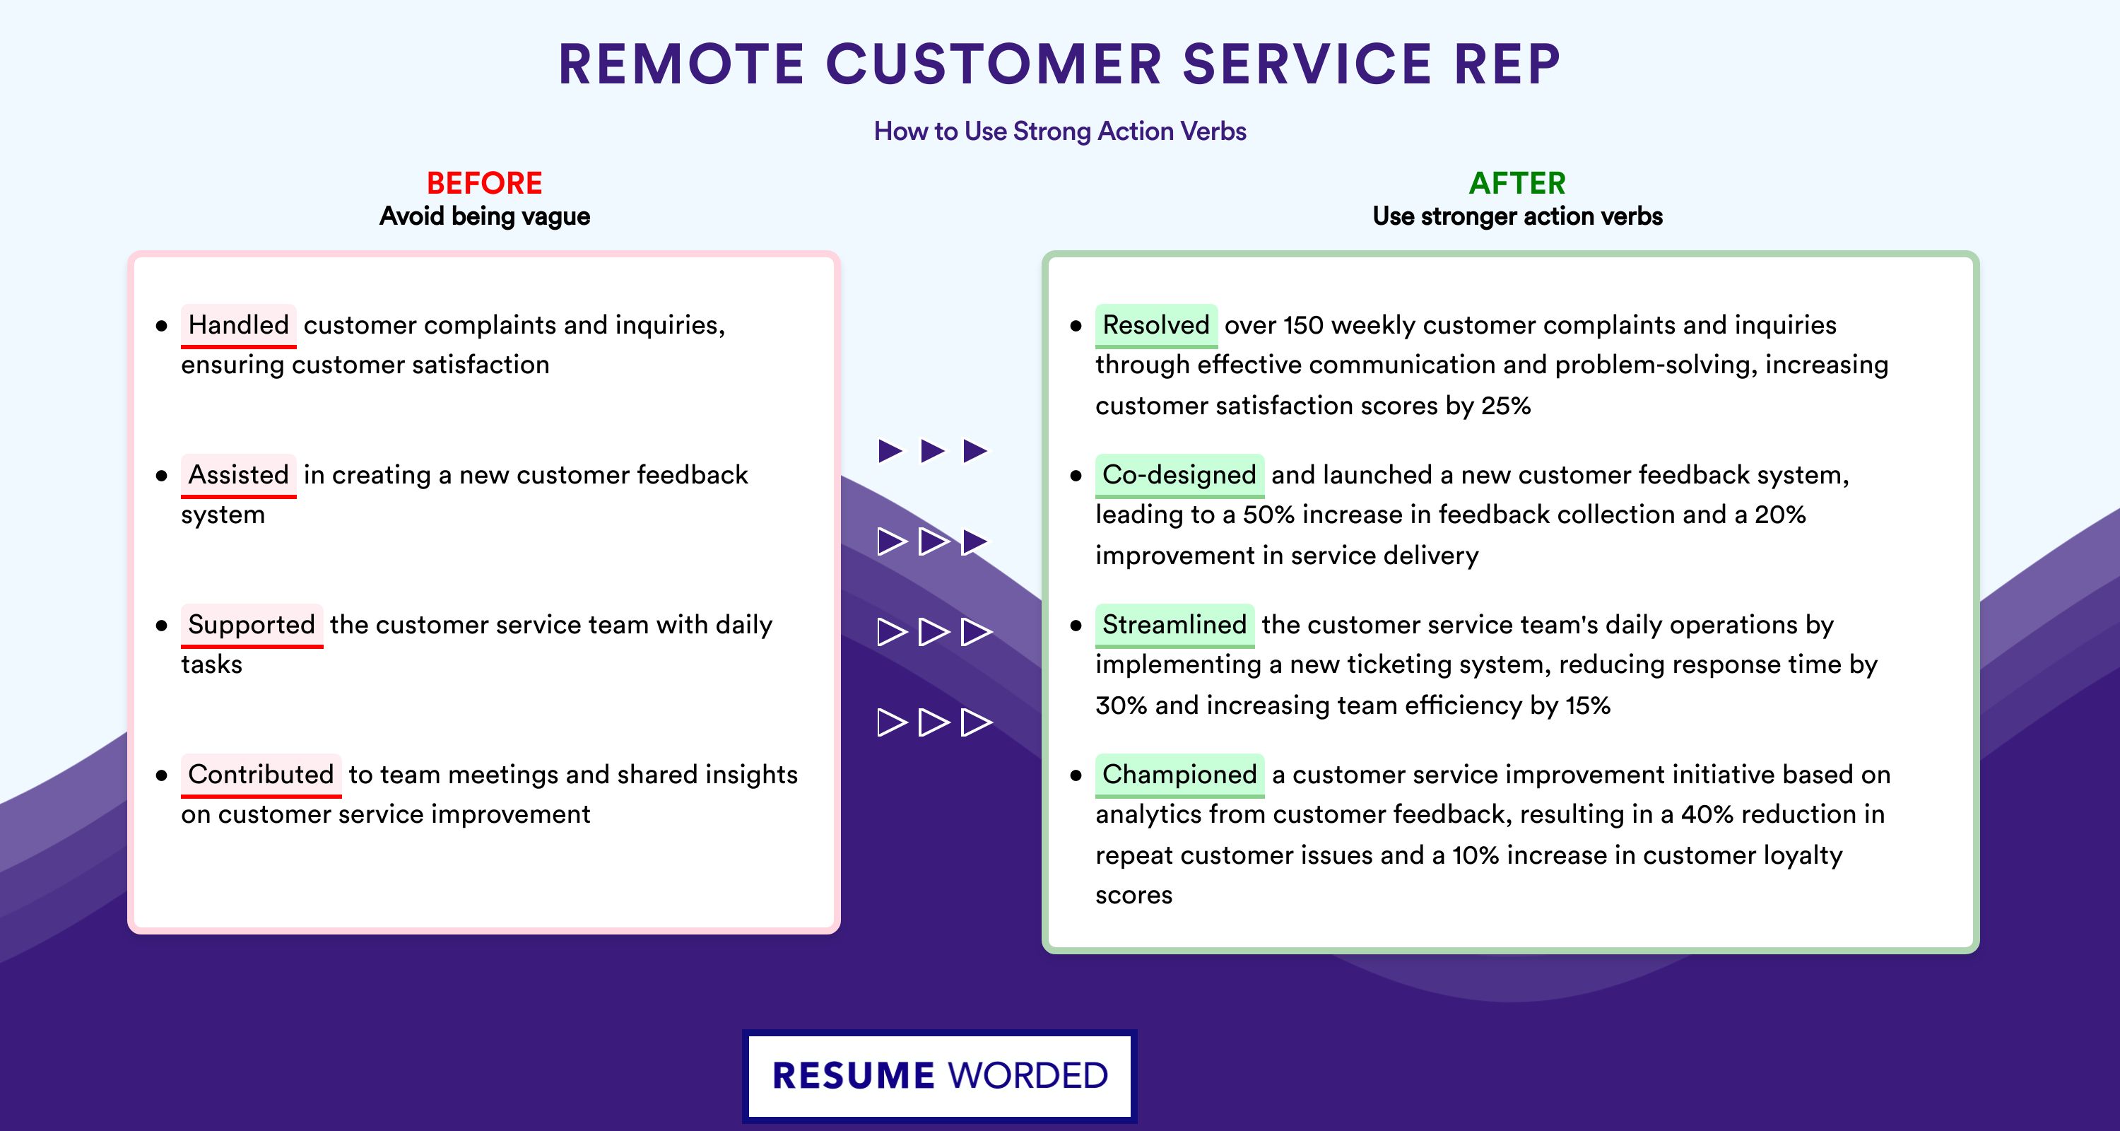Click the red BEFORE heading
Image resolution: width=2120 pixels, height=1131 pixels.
pos(484,183)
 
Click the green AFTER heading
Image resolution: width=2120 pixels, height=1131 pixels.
pos(1517,183)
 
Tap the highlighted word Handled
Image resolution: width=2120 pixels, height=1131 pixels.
pos(239,325)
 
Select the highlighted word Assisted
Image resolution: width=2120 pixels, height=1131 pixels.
pos(239,475)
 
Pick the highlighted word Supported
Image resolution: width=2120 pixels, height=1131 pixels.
pos(252,625)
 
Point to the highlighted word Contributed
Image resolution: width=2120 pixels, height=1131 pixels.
pos(261,775)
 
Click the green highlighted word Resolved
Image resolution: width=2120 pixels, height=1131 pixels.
pos(1155,325)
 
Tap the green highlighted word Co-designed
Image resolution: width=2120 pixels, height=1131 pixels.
pos(1179,475)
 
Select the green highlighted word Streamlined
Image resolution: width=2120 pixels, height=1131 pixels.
pos(1174,625)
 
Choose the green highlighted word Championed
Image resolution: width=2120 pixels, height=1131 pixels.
pos(1179,775)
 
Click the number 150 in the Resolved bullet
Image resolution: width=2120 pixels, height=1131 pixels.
pos(1303,325)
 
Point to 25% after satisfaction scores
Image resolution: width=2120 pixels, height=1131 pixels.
pos(1505,406)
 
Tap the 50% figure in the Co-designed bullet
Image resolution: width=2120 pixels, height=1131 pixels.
pos(1268,515)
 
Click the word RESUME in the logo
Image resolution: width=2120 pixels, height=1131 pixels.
pos(854,1076)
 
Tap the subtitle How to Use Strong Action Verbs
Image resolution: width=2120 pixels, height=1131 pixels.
pos(1060,131)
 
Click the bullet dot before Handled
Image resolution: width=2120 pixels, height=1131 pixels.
pos(161,326)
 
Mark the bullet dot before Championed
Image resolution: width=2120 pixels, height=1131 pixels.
pos(1076,775)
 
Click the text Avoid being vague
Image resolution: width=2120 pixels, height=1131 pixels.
pos(485,216)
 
